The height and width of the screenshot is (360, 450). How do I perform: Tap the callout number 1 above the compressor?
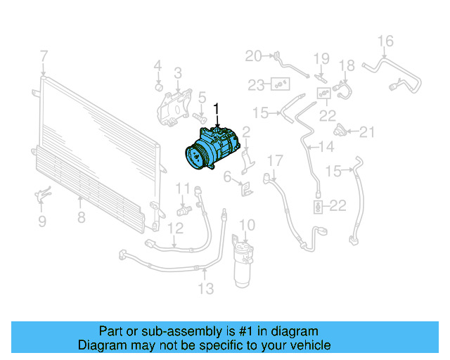coord(217,108)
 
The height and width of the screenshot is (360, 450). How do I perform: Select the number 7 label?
coord(44,56)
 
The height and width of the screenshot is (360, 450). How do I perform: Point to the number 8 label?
coord(82,217)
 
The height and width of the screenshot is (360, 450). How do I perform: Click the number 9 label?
coord(41,222)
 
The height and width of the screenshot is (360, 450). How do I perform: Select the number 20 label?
coord(253,56)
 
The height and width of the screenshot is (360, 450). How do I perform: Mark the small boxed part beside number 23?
coord(281,84)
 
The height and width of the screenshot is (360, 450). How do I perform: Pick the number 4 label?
coord(158,66)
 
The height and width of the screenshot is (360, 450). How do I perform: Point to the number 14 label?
coord(326,148)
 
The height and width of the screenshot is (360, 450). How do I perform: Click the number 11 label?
coord(183,188)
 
